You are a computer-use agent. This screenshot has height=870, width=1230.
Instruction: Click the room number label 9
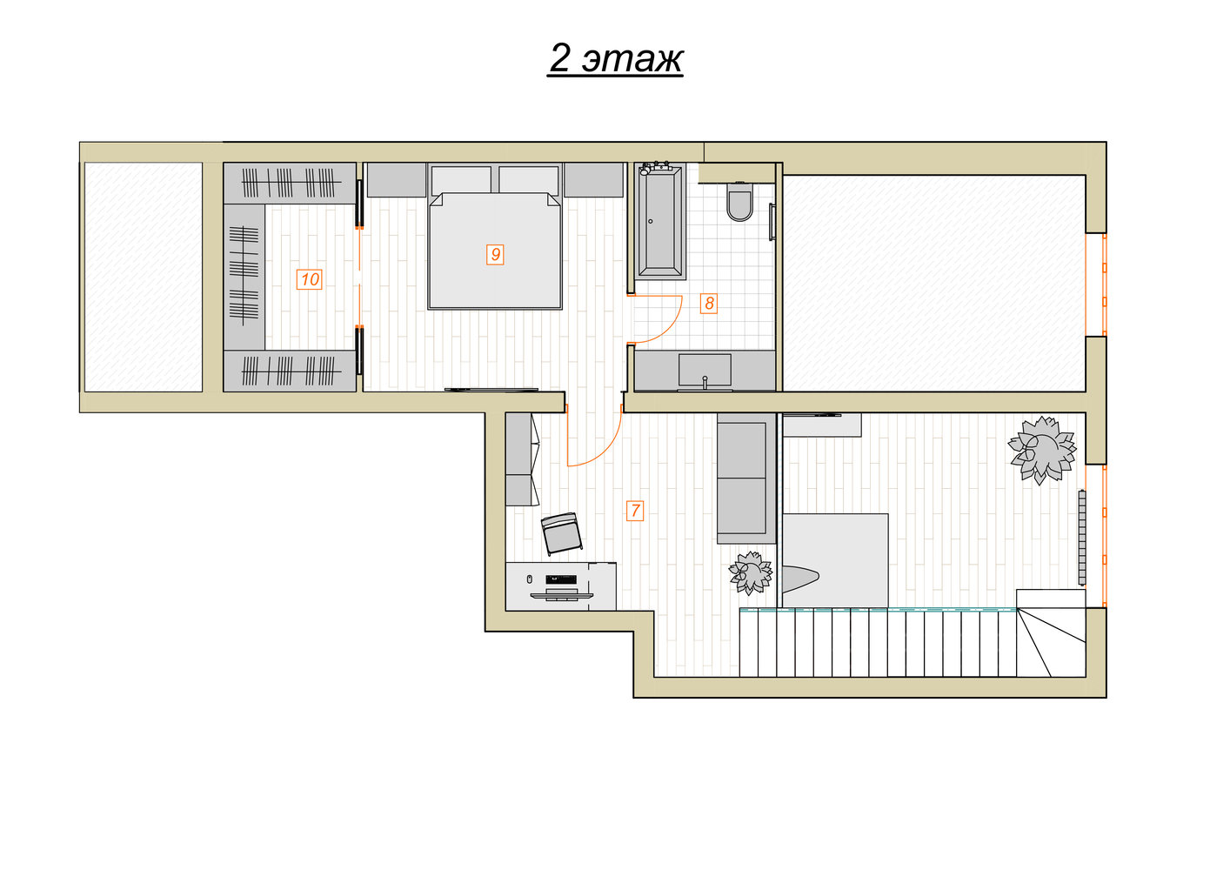495,255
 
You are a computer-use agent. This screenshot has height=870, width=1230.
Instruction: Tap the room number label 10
309,279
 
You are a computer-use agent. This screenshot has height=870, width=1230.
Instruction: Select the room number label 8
708,303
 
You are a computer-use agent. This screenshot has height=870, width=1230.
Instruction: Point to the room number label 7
635,511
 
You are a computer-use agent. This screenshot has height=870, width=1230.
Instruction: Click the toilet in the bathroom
739,200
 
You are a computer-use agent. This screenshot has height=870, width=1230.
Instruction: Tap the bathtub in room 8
659,221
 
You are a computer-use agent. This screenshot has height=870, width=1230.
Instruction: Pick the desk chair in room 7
561,534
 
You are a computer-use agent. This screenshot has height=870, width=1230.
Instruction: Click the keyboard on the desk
561,579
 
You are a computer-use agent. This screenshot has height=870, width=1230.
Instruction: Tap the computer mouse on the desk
530,579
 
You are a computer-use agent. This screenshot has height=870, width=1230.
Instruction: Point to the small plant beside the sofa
750,572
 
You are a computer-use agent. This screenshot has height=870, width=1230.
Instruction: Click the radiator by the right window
1082,538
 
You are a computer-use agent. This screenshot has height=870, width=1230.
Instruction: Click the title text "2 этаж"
616,58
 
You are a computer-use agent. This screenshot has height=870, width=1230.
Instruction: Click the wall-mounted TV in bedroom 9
491,390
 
